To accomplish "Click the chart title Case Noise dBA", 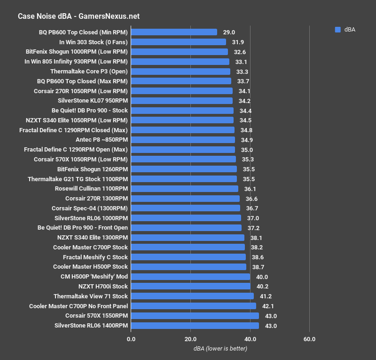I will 78,16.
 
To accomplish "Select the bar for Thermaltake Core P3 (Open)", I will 180,72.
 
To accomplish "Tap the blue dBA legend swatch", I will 337,30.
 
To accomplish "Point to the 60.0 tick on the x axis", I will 309,339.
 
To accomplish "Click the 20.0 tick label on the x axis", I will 190,339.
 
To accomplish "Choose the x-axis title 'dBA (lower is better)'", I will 220,349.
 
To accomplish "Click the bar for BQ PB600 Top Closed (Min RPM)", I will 174,32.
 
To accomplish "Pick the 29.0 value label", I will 229,32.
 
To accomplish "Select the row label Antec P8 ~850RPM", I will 102,140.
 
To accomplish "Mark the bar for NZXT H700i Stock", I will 190,286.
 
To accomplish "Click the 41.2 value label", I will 266,296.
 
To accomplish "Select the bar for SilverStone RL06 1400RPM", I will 195,325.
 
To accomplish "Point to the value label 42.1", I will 268,306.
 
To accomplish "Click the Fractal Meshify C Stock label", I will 95,257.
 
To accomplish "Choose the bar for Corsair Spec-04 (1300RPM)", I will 185,208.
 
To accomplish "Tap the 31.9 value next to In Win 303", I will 238,42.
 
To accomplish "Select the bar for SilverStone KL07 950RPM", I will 181,101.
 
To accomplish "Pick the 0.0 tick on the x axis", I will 131,339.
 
